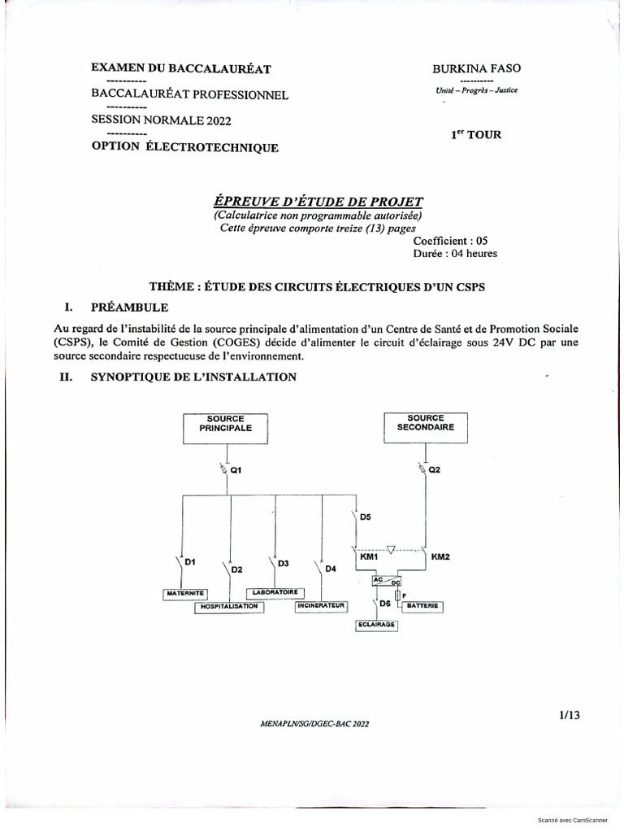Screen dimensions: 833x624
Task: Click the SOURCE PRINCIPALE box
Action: coord(225,427)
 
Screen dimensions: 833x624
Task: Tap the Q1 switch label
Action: coord(236,470)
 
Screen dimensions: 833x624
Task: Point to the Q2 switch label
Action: coord(434,470)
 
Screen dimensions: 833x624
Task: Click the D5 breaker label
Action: coord(365,517)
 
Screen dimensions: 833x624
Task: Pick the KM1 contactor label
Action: coord(369,557)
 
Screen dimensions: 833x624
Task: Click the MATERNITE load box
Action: coord(184,593)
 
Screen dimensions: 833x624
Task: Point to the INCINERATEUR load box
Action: coord(321,607)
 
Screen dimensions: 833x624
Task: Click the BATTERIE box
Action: coord(423,606)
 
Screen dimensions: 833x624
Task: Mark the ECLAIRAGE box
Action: coord(375,625)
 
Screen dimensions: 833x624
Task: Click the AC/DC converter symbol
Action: coord(387,580)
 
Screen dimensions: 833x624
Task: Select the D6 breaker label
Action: coord(385,604)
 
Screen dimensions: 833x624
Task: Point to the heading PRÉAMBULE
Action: coord(130,307)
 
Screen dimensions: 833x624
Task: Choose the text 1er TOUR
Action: coord(477,134)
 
